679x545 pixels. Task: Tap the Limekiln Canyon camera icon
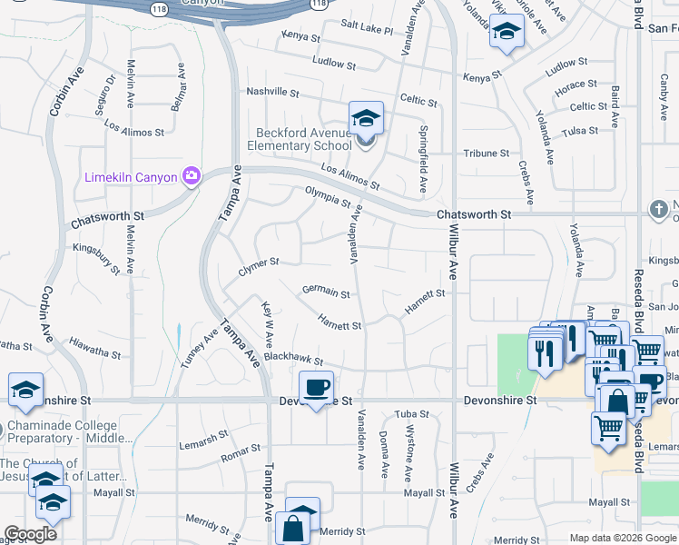point(192,176)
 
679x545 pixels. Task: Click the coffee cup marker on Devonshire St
point(316,390)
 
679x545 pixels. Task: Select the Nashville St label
point(272,92)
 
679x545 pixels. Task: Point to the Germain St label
point(326,292)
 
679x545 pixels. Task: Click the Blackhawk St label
point(293,361)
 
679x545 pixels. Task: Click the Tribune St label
point(487,154)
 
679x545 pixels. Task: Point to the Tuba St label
point(411,414)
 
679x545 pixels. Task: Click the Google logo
point(30,534)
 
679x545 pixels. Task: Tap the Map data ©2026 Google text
point(622,538)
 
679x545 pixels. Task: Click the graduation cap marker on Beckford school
point(366,119)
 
